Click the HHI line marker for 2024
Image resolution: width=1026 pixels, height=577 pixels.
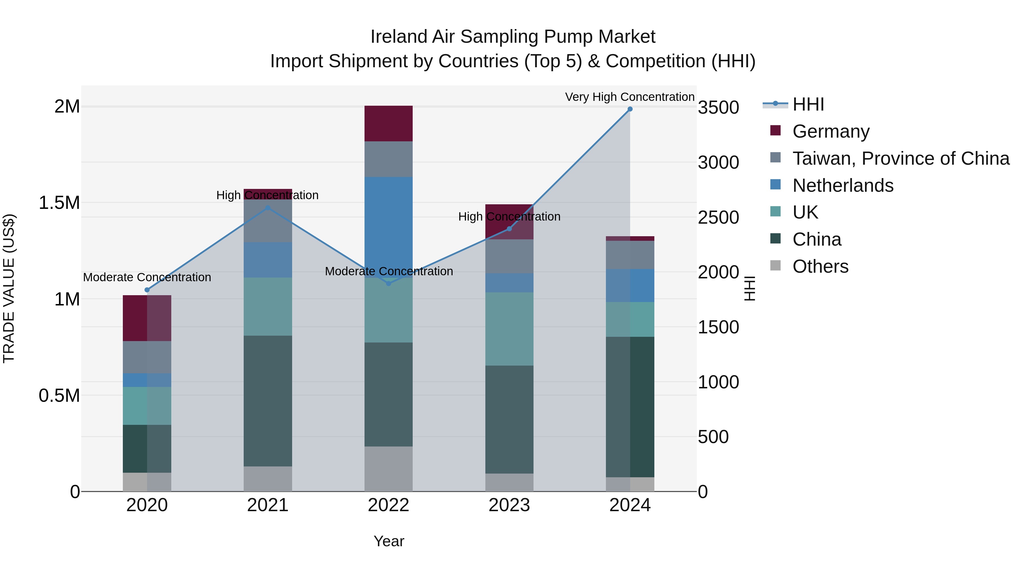tap(630, 109)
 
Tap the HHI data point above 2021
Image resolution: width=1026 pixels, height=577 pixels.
tap(268, 207)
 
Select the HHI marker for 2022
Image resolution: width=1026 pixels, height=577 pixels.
tap(389, 283)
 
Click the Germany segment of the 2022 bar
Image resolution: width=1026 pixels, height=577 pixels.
tap(388, 123)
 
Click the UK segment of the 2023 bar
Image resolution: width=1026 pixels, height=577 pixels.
tap(509, 329)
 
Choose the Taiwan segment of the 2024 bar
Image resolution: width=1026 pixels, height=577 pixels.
tap(630, 255)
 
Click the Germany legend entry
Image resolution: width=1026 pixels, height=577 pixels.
tap(830, 131)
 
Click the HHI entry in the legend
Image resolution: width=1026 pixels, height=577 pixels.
tap(808, 104)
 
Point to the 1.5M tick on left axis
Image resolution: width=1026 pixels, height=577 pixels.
tap(59, 203)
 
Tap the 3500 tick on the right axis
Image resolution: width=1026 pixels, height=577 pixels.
tap(718, 107)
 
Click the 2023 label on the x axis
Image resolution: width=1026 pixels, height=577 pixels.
tap(509, 505)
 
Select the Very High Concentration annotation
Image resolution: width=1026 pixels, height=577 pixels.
tap(629, 97)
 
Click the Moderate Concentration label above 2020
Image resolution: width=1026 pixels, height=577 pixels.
tap(147, 277)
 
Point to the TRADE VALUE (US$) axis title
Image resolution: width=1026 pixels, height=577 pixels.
tap(9, 288)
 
